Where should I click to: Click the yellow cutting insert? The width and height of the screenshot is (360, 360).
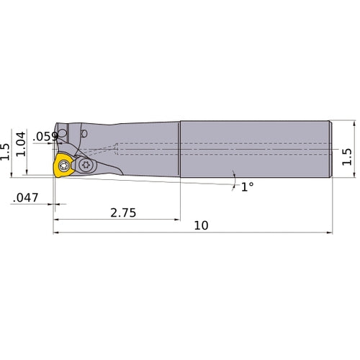[63, 166]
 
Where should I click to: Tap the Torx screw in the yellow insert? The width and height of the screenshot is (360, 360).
[64, 166]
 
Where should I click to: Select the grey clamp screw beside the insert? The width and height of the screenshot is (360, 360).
[86, 165]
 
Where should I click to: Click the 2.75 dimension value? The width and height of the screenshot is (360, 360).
[123, 213]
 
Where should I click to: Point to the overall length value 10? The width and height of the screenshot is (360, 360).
[201, 225]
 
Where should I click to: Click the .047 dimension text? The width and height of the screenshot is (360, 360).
[25, 198]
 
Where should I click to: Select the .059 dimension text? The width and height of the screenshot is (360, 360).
[45, 137]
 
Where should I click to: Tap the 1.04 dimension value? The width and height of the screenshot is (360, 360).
[21, 144]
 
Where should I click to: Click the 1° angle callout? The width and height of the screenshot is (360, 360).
[248, 187]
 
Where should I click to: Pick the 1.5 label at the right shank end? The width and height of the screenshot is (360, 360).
[347, 157]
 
